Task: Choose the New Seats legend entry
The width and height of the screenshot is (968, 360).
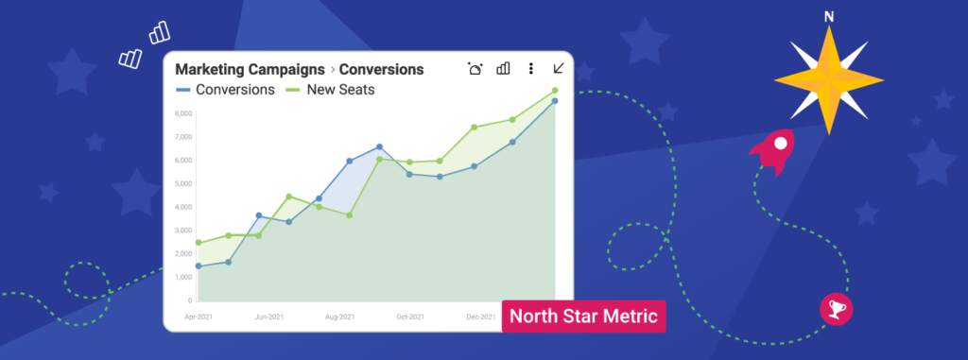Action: (331, 90)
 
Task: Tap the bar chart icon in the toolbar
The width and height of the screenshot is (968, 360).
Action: (504, 68)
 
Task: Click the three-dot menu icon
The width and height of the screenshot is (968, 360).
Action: (531, 68)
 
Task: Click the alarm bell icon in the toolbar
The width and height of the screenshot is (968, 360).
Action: (475, 68)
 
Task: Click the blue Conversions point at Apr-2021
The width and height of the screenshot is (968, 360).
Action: (199, 266)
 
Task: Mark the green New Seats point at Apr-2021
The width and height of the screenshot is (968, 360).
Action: (199, 243)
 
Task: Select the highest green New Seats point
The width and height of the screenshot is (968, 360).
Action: (555, 91)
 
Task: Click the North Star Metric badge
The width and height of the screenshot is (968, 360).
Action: (583, 315)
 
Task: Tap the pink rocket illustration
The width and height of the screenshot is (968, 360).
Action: (774, 152)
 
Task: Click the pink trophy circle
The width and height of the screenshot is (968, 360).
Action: (836, 309)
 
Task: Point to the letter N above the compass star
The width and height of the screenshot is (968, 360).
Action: (829, 17)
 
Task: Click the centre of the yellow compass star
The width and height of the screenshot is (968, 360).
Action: (829, 79)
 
